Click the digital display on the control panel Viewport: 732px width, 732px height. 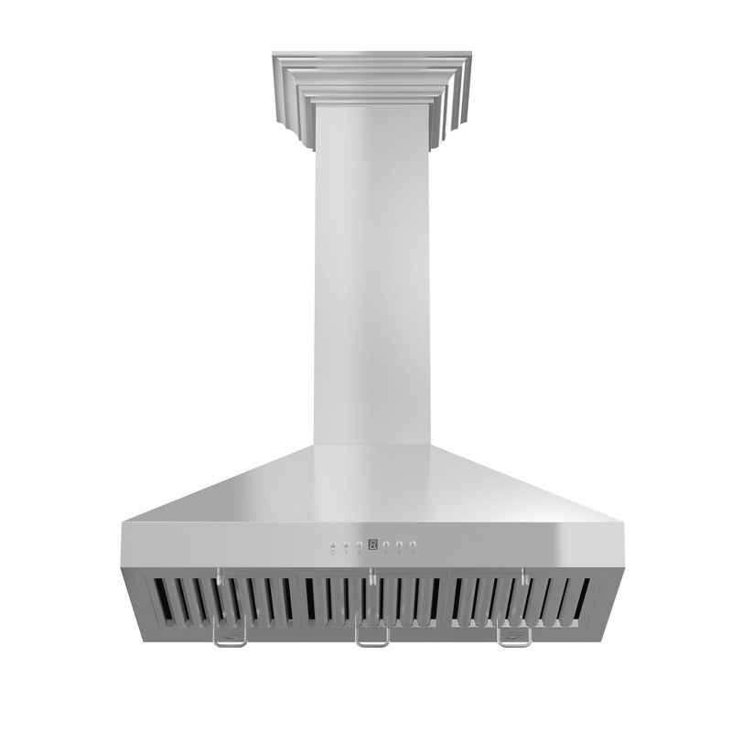tap(372, 544)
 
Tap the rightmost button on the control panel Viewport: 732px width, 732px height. tap(413, 544)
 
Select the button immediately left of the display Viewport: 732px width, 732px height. tap(359, 544)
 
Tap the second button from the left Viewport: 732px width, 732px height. tap(346, 544)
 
